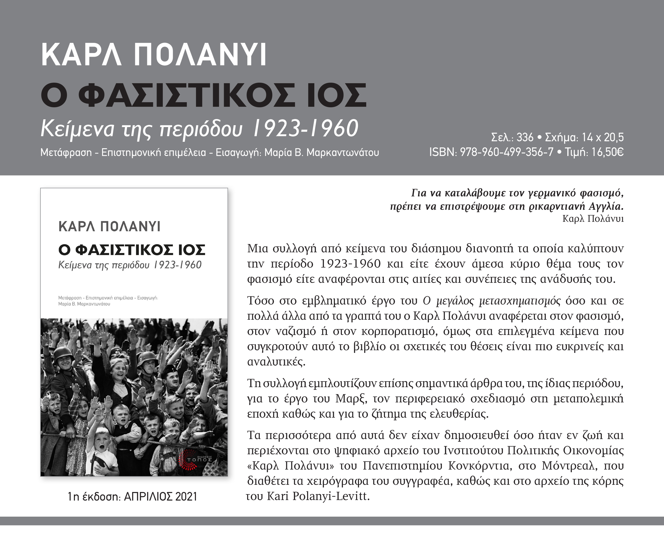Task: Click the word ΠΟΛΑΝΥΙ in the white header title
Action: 200,54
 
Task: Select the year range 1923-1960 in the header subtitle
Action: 305,129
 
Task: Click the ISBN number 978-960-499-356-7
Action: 507,152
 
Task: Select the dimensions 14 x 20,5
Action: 603,137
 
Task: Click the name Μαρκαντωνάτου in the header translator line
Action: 343,152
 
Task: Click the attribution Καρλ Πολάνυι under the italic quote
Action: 593,219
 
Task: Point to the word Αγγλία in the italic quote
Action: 606,206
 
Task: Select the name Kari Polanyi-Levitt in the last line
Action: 318,496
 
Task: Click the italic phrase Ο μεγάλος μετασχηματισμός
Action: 492,300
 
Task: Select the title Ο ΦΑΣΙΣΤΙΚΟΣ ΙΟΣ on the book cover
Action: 132,250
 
